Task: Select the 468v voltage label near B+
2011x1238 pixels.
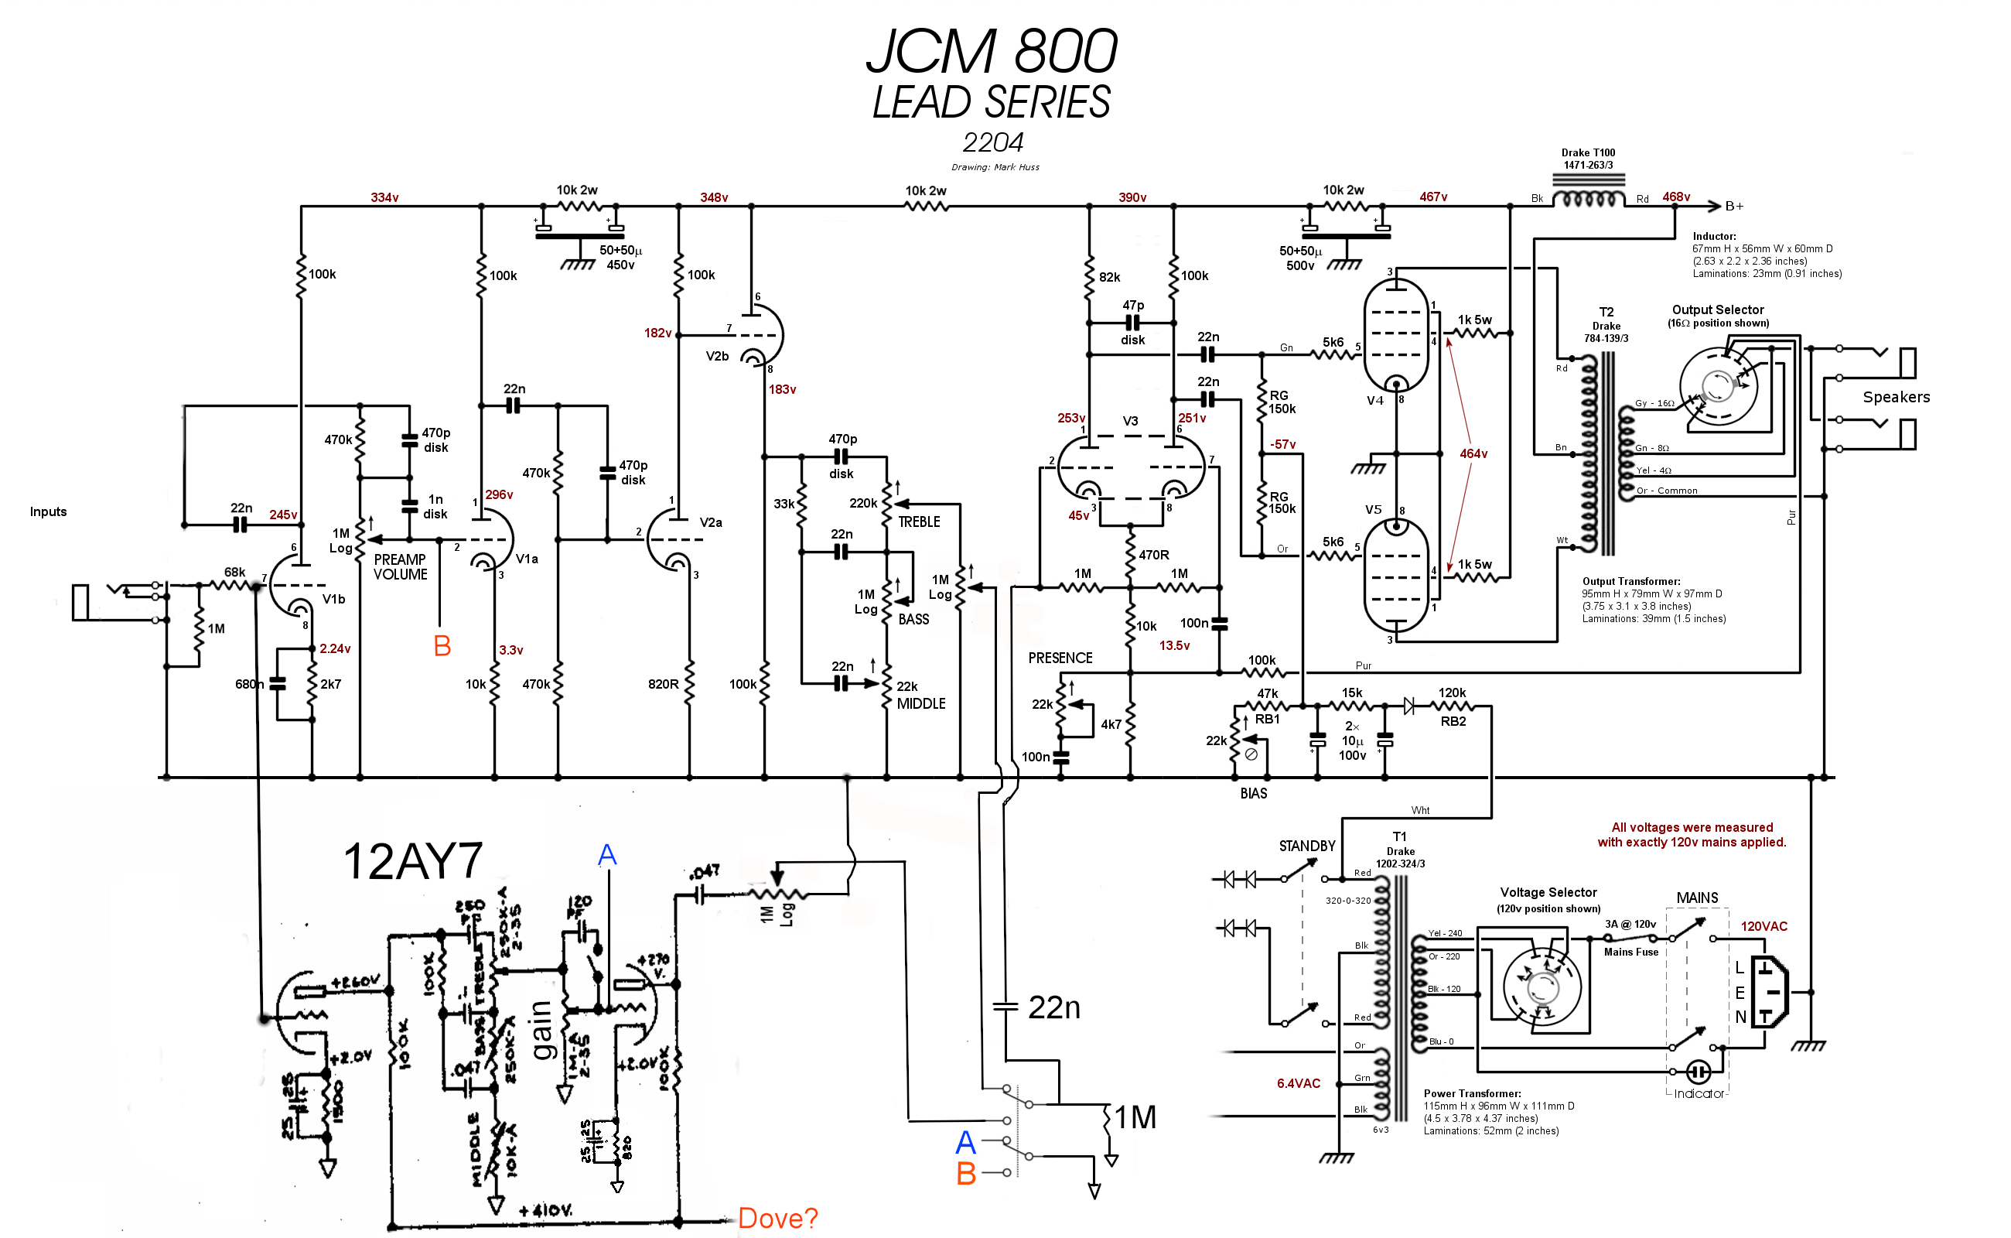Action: click(1675, 197)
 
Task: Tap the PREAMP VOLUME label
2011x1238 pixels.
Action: click(400, 566)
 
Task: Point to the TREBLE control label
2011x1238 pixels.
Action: click(919, 522)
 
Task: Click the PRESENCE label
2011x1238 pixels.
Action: click(1060, 658)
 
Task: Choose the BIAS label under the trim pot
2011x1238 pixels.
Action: click(1253, 793)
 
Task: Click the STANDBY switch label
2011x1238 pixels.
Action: click(1306, 846)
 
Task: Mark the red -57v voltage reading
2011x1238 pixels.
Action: click(1282, 445)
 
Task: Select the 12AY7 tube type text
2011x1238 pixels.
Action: click(412, 862)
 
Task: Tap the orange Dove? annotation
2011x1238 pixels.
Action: click(777, 1219)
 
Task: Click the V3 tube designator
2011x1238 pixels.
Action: click(1130, 421)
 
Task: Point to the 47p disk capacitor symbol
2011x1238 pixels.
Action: click(1133, 323)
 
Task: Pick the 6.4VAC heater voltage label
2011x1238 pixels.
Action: click(1298, 1083)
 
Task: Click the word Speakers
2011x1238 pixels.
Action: click(1896, 397)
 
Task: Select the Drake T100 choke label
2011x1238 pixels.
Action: click(1588, 159)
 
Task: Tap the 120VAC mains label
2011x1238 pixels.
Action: click(1763, 927)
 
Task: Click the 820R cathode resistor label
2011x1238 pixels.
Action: click(663, 685)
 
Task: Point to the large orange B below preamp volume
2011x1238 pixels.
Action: click(442, 646)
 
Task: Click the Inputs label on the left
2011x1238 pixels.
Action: click(48, 511)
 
